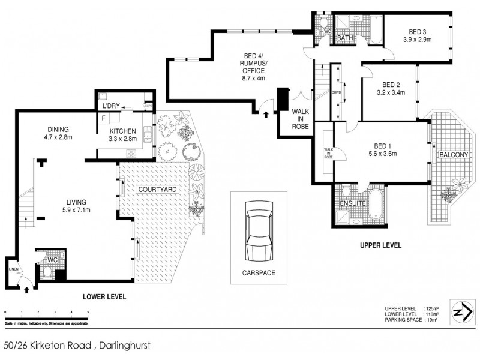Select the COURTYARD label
(157, 190)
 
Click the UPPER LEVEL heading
(380, 245)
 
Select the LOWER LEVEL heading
(104, 296)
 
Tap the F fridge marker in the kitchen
(103, 119)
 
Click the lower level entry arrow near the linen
(28, 290)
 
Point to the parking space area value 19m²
(431, 320)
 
